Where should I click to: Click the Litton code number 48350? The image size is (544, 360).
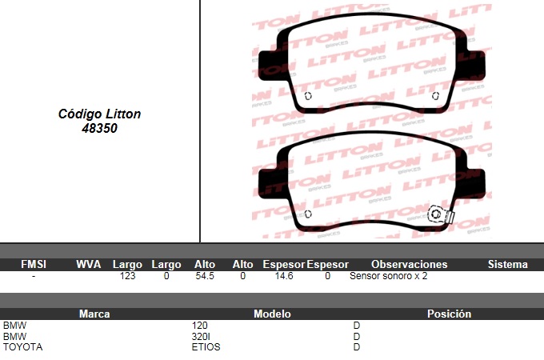point(99,128)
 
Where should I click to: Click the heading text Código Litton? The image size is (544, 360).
point(99,114)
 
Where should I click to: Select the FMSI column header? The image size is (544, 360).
point(34,264)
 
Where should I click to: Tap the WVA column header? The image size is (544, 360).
point(89,264)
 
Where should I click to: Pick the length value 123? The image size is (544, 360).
point(127,276)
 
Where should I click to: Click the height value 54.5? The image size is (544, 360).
point(205,276)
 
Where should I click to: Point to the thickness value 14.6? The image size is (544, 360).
point(284,276)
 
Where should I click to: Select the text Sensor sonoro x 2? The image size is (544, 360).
point(389,276)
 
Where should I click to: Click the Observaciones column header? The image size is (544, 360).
point(410,264)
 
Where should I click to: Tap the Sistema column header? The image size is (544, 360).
point(507,264)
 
